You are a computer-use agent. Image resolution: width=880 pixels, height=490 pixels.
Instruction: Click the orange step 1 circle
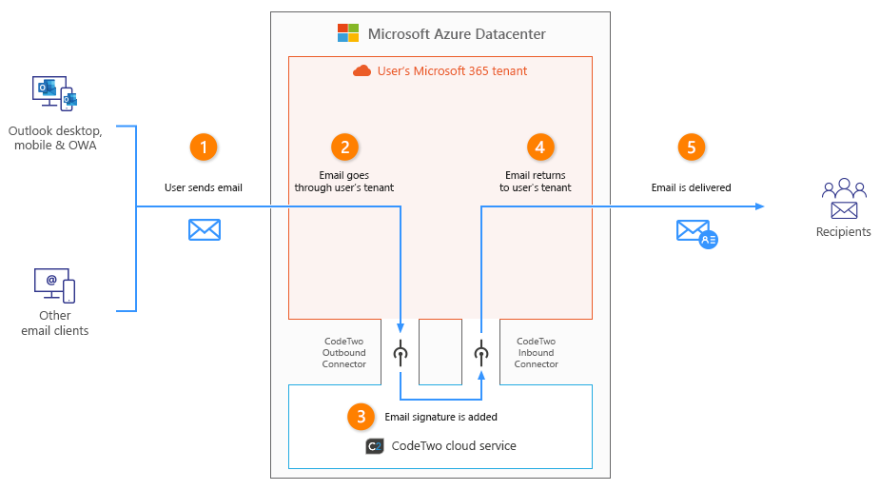[204, 147]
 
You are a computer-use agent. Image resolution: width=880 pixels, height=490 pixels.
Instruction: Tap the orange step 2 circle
[344, 147]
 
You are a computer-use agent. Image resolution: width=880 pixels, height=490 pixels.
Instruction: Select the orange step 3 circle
[360, 416]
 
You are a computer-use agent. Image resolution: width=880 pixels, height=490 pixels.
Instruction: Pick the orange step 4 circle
[540, 147]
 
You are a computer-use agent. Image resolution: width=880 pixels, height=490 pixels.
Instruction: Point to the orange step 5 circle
[692, 147]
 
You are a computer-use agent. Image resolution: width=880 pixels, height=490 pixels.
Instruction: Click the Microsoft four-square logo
[348, 33]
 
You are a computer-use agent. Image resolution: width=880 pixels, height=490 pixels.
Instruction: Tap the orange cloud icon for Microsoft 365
[362, 70]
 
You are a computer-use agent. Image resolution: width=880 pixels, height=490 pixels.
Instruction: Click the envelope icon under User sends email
[204, 229]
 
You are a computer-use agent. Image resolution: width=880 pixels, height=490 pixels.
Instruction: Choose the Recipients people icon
[843, 199]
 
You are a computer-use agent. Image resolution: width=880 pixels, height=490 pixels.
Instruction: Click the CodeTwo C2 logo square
[374, 446]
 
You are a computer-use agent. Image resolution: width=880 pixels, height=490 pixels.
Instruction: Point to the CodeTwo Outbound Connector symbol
[401, 354]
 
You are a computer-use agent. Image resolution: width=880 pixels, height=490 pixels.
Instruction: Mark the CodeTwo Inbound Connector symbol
[481, 354]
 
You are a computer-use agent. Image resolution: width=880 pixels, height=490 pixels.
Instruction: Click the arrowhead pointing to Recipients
[760, 206]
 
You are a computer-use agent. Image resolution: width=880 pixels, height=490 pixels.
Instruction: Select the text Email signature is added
[440, 417]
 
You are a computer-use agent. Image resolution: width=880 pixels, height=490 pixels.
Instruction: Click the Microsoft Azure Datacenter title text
[457, 34]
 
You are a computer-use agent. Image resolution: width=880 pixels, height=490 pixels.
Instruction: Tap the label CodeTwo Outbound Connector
[344, 352]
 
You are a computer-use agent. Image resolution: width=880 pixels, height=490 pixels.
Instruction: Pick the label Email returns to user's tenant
[536, 182]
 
